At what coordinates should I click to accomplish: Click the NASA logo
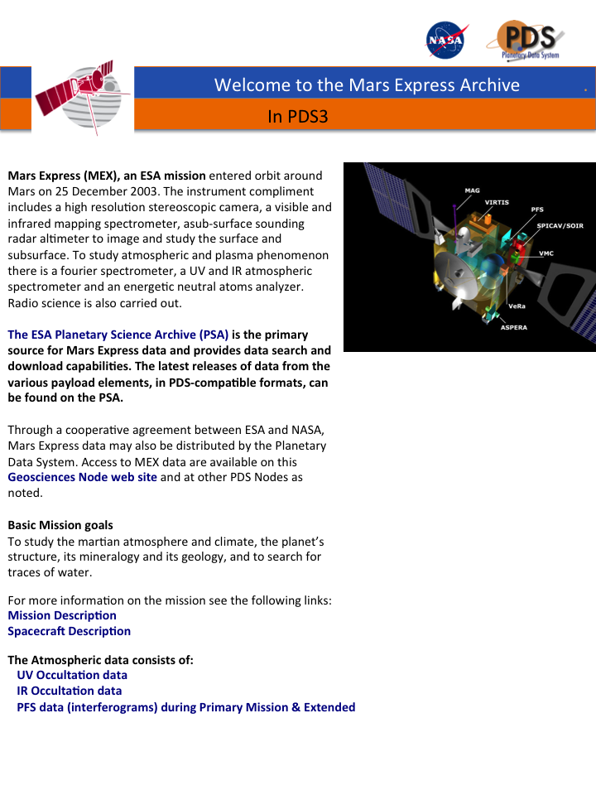pos(445,40)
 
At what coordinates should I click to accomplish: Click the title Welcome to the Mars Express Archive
pos(367,84)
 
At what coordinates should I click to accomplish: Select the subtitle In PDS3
pos(298,117)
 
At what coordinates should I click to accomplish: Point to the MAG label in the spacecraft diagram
pos(472,190)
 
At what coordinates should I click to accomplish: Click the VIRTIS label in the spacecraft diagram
pos(497,202)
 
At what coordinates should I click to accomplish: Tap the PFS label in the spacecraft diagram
pos(537,210)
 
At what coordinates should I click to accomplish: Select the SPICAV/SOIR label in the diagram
pos(560,225)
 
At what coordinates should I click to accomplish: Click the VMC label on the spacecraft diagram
pos(546,253)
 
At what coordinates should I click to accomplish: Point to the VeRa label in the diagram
pos(517,306)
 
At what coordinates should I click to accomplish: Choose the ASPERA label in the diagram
pos(513,327)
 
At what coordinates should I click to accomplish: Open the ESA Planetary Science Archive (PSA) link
pos(118,335)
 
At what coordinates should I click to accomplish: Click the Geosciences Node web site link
pos(82,477)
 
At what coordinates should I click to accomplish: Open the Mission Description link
pos(62,615)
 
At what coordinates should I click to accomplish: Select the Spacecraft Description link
pos(70,631)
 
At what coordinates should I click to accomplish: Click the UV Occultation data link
pos(72,675)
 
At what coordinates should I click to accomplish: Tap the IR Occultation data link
pos(70,691)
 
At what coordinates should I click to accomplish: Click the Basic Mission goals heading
pos(60,525)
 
